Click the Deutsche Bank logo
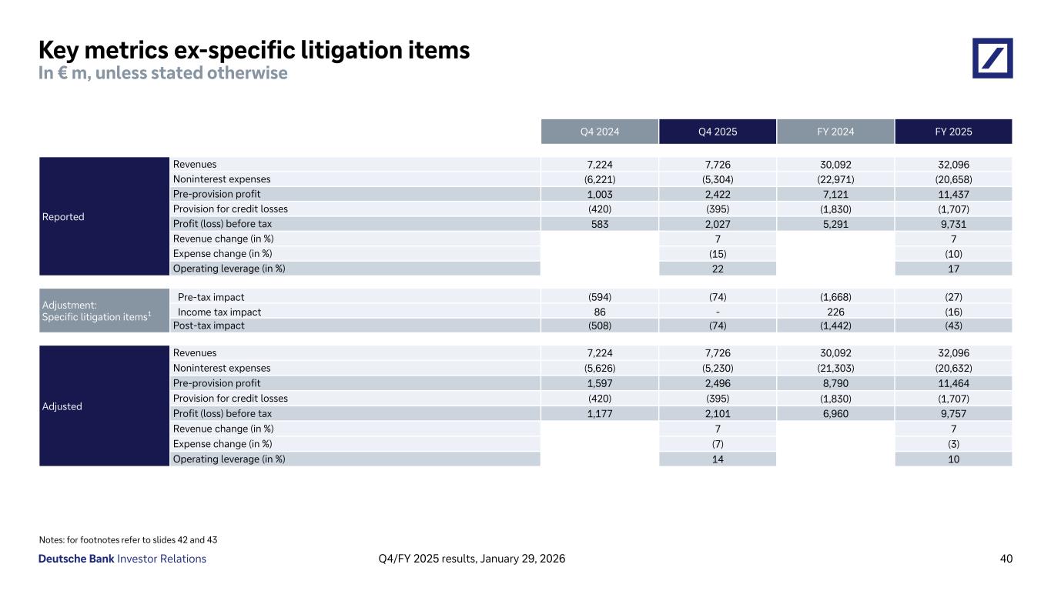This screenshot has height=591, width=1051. tap(992, 58)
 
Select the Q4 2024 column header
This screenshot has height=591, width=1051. tap(599, 132)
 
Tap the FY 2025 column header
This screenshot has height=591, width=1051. tap(953, 132)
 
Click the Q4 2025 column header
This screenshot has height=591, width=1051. tap(718, 132)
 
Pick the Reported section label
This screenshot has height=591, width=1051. tap(63, 217)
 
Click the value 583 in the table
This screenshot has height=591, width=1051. tap(599, 224)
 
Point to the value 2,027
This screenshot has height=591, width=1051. tap(718, 224)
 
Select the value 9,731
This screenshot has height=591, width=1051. tap(953, 224)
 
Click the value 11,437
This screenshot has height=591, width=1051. tap(953, 194)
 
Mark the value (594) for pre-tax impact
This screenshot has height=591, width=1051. tap(599, 297)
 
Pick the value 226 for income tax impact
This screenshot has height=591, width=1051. tap(835, 312)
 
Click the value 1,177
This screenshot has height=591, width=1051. tap(599, 413)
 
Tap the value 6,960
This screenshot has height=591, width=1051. tap(835, 413)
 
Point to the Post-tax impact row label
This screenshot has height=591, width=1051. tap(209, 326)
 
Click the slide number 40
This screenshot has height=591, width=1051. tap(1006, 559)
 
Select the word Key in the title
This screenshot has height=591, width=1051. tap(61, 51)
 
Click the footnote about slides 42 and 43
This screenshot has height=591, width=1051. tap(133, 539)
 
